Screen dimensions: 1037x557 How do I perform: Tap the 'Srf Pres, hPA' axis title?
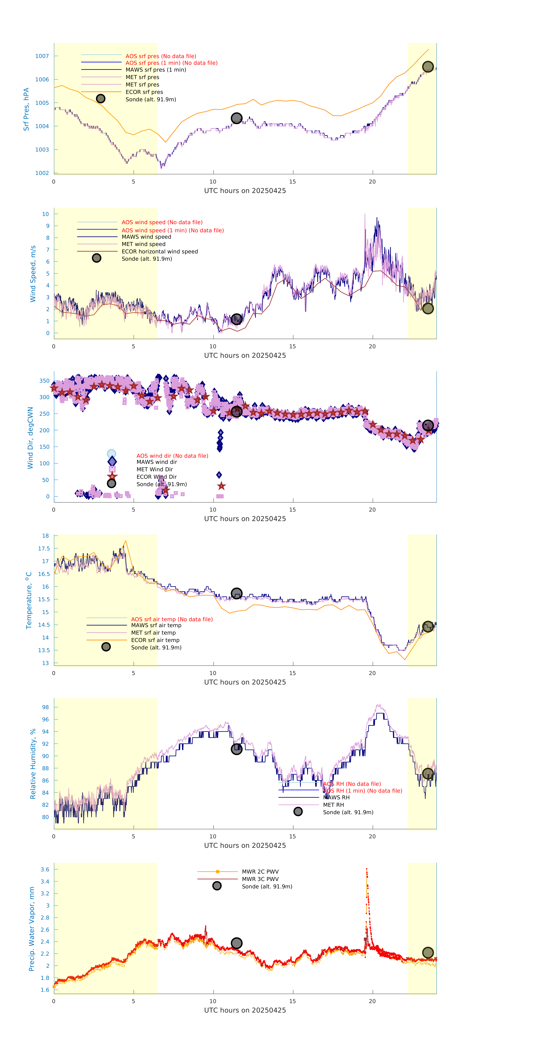click(26, 109)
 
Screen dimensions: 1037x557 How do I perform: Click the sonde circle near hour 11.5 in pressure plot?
click(236, 118)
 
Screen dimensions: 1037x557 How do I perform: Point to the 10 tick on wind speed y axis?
click(46, 214)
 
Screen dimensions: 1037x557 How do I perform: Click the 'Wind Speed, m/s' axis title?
click(33, 274)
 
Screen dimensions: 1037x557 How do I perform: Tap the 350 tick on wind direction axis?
click(44, 381)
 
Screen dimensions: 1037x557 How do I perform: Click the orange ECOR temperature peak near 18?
click(126, 541)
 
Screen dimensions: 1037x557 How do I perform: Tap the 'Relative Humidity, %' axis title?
click(33, 764)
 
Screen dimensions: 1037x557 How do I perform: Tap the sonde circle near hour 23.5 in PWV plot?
click(428, 952)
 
